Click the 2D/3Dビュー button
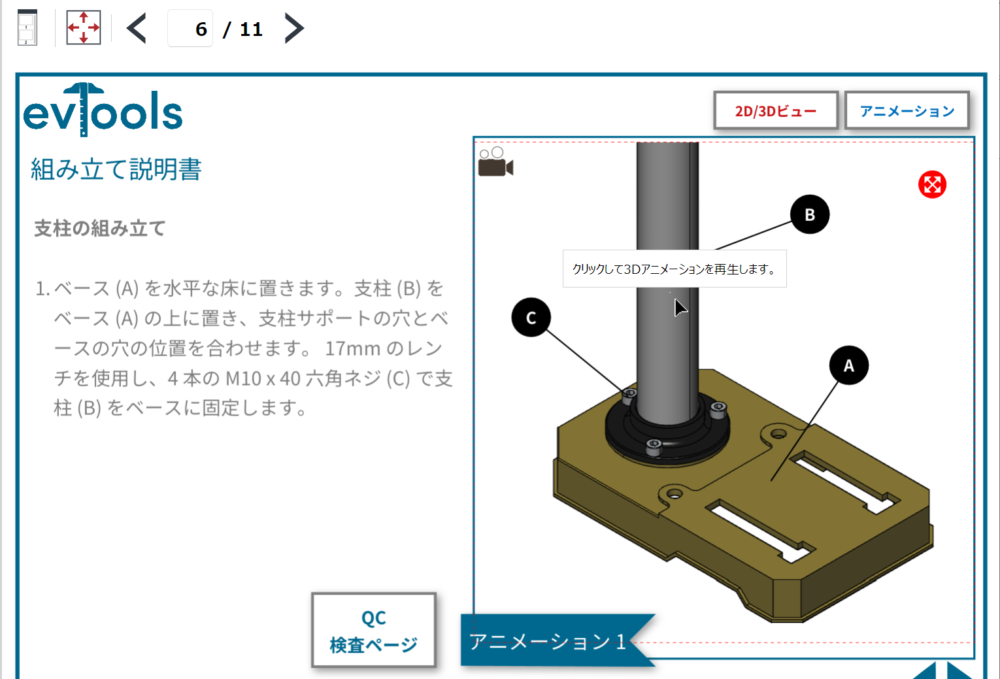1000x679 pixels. [775, 110]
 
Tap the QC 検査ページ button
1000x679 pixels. [373, 631]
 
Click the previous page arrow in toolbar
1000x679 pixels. [137, 29]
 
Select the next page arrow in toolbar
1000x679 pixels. [294, 29]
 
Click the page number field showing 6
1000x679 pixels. [191, 29]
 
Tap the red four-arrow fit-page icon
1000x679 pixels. [84, 28]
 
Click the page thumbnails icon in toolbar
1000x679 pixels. [27, 28]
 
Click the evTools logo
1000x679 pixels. [103, 110]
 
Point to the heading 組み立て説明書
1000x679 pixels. [116, 169]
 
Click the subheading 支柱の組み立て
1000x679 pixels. [100, 229]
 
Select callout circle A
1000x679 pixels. [848, 365]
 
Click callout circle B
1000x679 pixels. [809, 214]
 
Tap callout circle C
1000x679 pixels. [531, 318]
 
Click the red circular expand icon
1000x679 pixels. [932, 185]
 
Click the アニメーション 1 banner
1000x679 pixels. [549, 641]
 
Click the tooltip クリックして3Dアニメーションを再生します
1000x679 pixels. [674, 269]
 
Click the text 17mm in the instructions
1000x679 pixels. [352, 348]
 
